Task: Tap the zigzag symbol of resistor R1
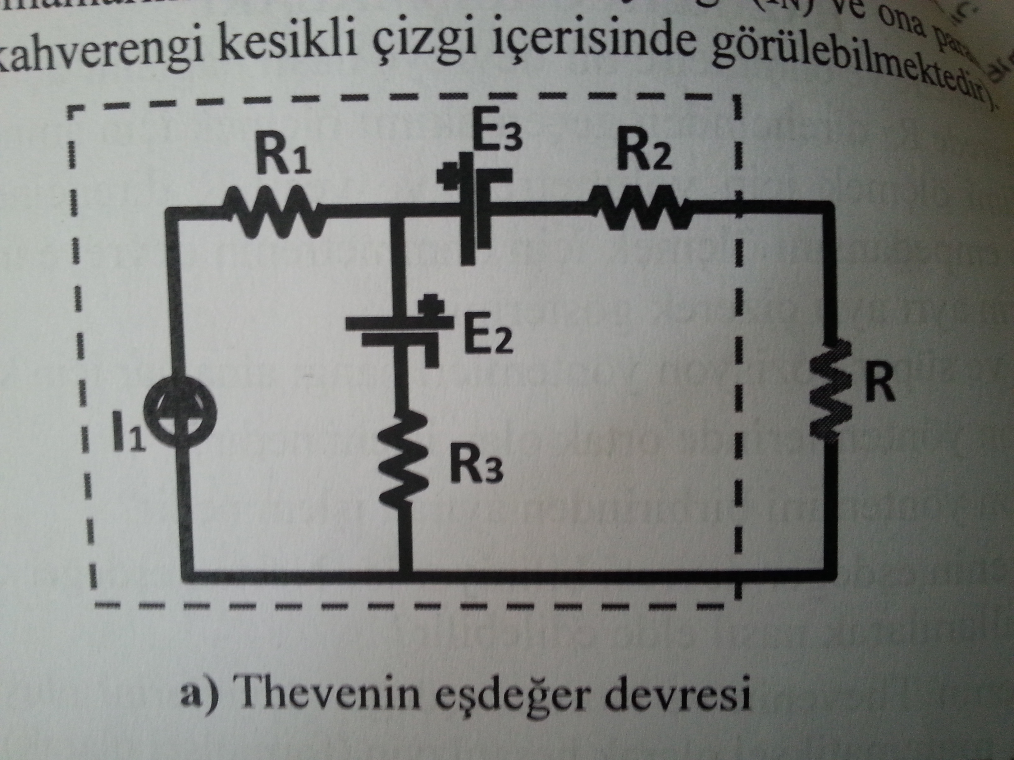274,212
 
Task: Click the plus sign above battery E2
430,305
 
